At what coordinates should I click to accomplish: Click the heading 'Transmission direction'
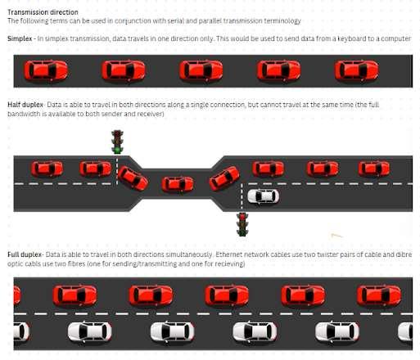coord(43,12)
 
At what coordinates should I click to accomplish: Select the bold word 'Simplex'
coord(20,38)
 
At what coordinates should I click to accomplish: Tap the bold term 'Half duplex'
coord(25,105)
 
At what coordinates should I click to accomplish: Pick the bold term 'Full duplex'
coord(25,254)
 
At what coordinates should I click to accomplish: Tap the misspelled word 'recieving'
coord(230,264)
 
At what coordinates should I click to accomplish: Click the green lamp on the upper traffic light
coord(117,150)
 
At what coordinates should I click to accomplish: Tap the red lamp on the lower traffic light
coord(242,217)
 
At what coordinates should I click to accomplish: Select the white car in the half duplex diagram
coord(263,196)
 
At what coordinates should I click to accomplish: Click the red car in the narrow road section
coord(178,183)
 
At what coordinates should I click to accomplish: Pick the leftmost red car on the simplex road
coord(46,70)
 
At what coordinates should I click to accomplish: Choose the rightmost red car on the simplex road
coord(356,70)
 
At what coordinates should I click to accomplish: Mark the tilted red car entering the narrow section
coord(133,178)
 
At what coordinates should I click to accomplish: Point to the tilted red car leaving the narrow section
coord(224,178)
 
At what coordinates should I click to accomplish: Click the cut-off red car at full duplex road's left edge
coord(17,295)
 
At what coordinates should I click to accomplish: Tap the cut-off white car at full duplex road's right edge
coord(405,331)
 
